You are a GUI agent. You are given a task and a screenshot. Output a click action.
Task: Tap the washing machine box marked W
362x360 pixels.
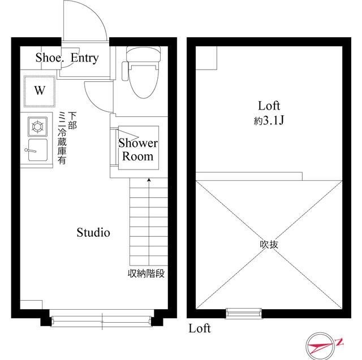[40, 91]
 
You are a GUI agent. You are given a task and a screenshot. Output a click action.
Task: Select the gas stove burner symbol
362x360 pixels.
[37, 127]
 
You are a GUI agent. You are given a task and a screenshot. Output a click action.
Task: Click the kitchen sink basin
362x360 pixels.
[38, 150]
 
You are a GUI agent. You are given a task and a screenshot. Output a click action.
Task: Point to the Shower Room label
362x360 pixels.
[138, 149]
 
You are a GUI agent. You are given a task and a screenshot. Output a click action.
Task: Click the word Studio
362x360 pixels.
[93, 232]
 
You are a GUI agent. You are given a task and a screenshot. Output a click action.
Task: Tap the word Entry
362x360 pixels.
[85, 58]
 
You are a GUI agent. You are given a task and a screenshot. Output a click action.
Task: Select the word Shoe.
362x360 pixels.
[49, 58]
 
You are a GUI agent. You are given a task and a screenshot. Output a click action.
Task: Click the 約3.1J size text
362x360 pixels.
[269, 120]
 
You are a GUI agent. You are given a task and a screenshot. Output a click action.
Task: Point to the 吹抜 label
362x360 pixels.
[269, 245]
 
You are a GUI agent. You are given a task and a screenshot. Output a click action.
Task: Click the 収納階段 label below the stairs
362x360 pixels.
[146, 274]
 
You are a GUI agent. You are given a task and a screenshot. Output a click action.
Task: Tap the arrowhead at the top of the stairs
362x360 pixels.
[149, 179]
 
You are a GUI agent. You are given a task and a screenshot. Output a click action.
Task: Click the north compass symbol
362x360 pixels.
[320, 346]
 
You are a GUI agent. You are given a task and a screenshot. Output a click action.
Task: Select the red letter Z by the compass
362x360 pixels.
[339, 342]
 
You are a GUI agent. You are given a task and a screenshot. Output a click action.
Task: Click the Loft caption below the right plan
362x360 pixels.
[200, 328]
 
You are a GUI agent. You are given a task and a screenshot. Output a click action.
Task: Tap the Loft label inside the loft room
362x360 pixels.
[269, 106]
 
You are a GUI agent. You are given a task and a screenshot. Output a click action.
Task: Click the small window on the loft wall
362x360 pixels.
[244, 313]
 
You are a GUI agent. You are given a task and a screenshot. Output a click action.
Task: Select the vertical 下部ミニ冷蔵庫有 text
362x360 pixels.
[67, 138]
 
